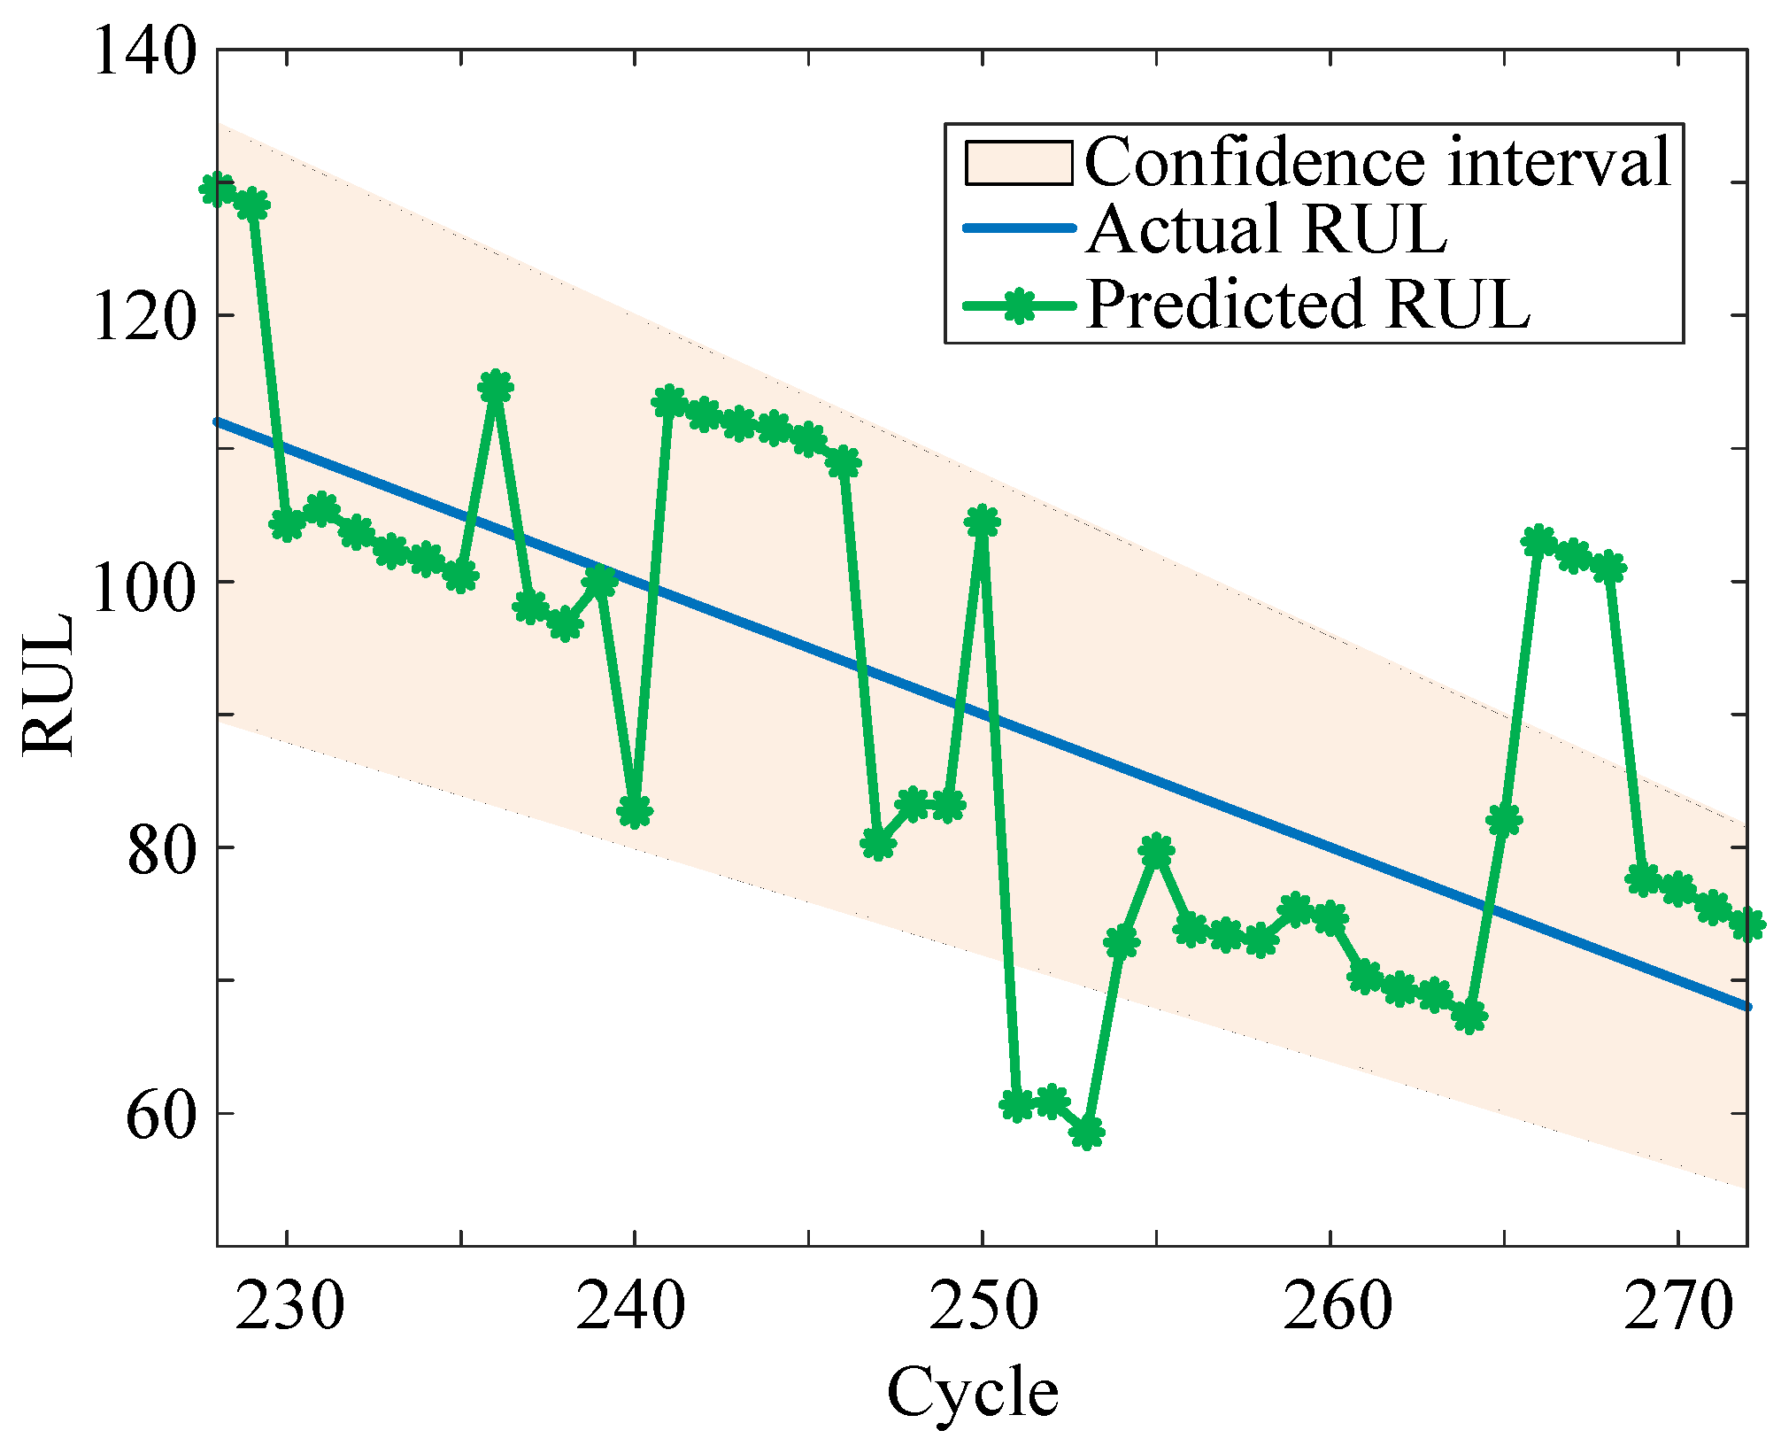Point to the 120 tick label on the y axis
point(143,317)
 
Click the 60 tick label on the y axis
point(160,1117)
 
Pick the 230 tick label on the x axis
point(289,1307)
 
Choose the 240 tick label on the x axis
point(630,1307)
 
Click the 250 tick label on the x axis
point(983,1307)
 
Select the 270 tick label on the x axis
point(1677,1307)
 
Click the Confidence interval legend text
point(1376,162)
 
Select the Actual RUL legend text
point(1266,229)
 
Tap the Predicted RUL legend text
point(1307,304)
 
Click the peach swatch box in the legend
point(1018,163)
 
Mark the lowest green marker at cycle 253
point(1087,1132)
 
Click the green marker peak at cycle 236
point(496,387)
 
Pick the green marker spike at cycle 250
point(982,522)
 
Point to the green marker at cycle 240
point(635,810)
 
